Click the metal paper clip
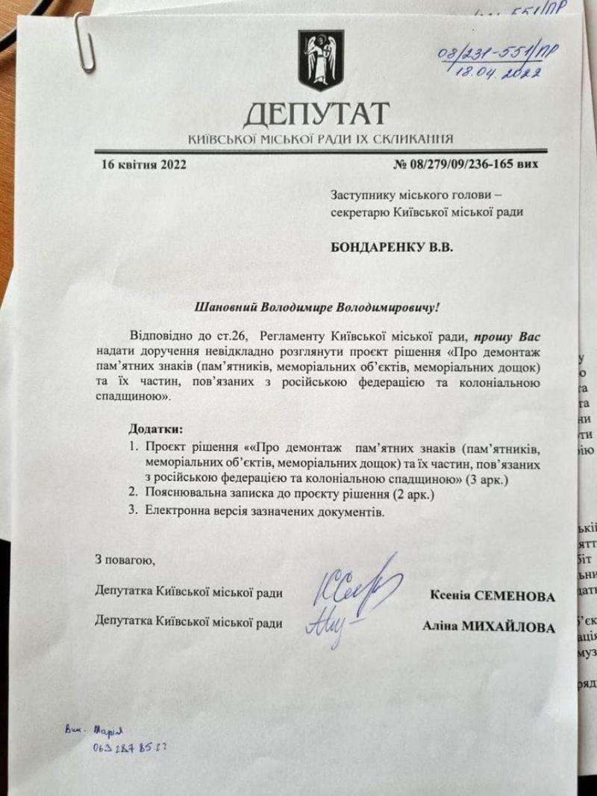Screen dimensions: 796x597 [x=83, y=43]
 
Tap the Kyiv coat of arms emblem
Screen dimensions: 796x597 [x=322, y=60]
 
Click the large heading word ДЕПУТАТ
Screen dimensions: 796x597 [x=316, y=114]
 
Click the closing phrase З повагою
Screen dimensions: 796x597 [x=125, y=559]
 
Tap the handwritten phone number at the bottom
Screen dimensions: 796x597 [x=131, y=745]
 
